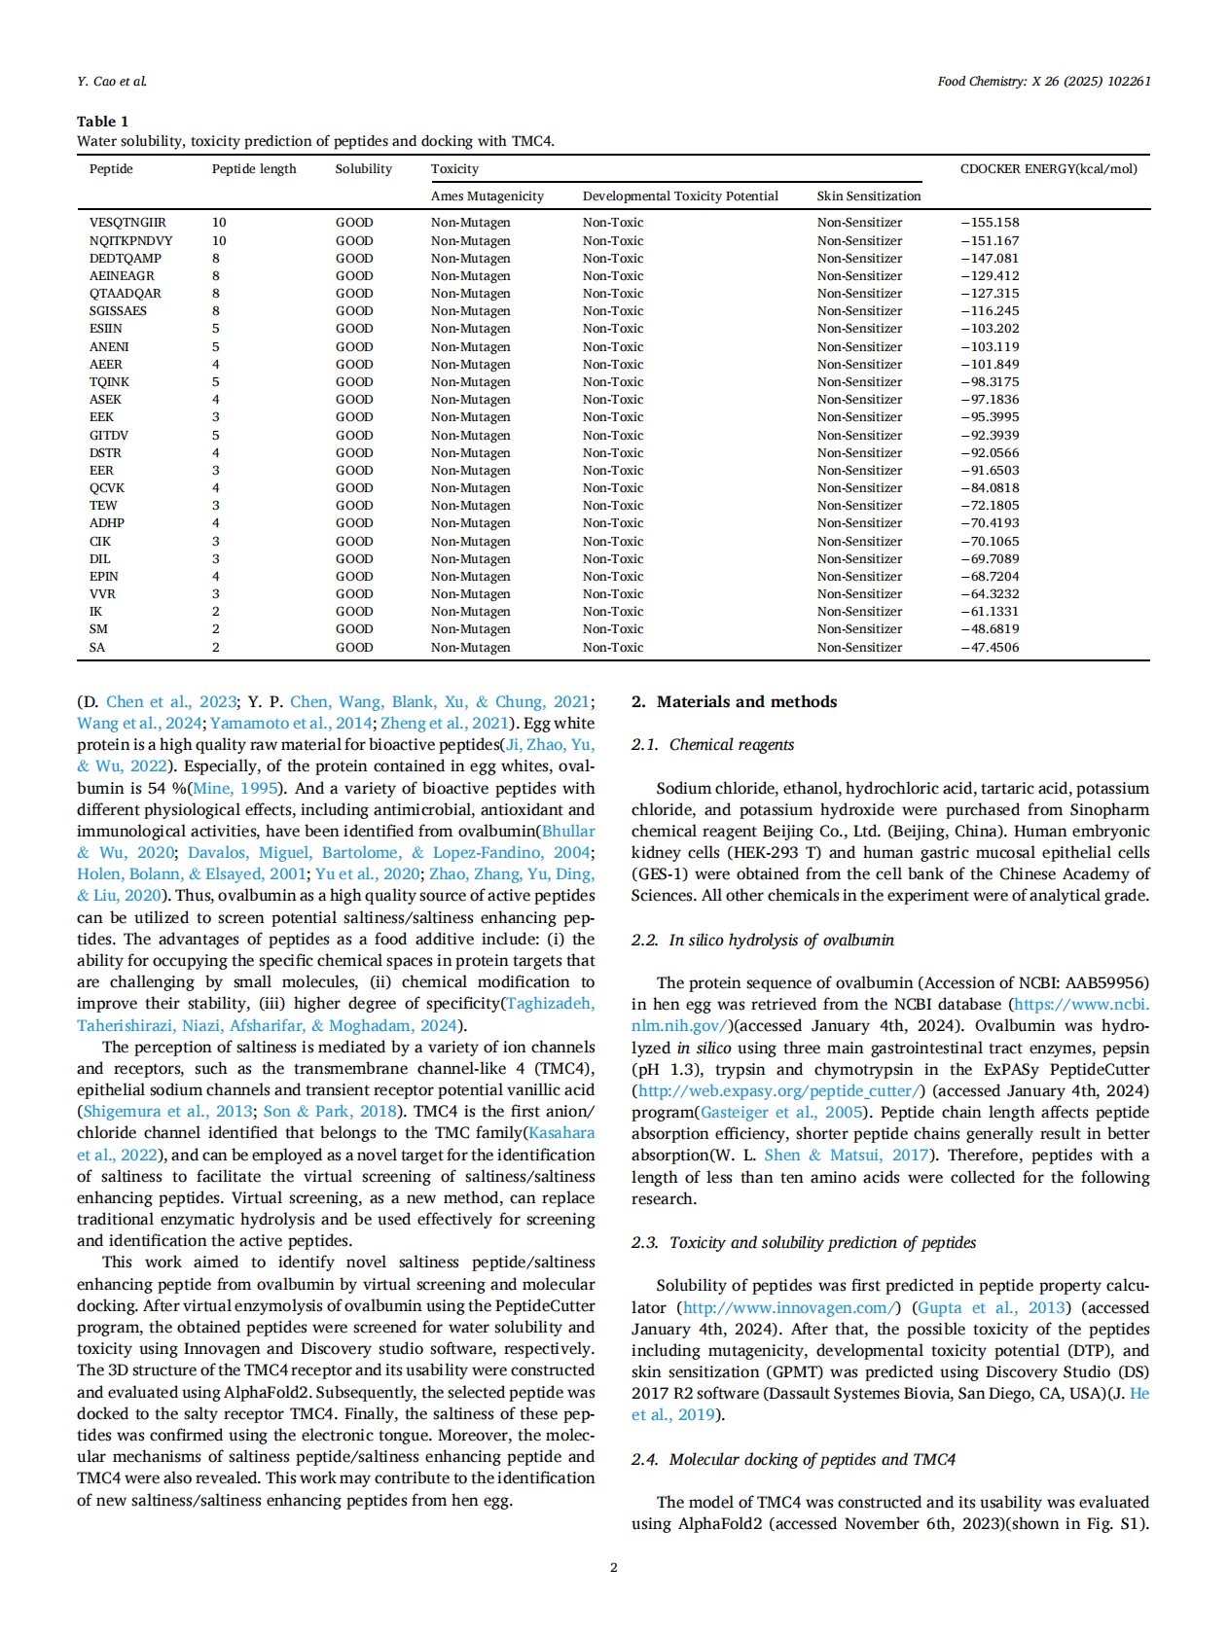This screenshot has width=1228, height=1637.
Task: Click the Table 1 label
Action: pyautogui.click(x=102, y=122)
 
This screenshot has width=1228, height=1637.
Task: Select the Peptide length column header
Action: pyautogui.click(x=254, y=169)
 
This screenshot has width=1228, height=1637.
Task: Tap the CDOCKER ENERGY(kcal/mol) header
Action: pyautogui.click(x=1048, y=169)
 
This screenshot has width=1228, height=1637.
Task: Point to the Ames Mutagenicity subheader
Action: pyautogui.click(x=487, y=196)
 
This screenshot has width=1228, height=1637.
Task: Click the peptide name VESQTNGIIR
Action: pyautogui.click(x=127, y=223)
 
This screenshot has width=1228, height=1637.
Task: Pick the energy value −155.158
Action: pyautogui.click(x=990, y=223)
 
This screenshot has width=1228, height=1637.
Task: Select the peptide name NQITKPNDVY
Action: pyautogui.click(x=130, y=240)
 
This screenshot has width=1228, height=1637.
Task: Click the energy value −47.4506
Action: pyautogui.click(x=990, y=648)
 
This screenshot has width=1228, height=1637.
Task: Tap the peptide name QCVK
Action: pyautogui.click(x=107, y=488)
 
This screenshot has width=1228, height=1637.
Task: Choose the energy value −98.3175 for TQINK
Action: pyautogui.click(x=990, y=382)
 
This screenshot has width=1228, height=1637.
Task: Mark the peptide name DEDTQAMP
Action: pyautogui.click(x=126, y=259)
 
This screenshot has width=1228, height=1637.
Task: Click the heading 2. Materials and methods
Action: pyautogui.click(x=734, y=702)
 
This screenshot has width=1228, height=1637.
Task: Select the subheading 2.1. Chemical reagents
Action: pyautogui.click(x=712, y=745)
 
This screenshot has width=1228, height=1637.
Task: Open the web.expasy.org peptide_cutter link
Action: pyautogui.click(x=778, y=1091)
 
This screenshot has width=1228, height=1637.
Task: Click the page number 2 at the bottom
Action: pyautogui.click(x=614, y=1567)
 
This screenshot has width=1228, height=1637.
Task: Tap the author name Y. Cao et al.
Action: pyautogui.click(x=112, y=82)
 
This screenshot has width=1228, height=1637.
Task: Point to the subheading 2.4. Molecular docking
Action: pyautogui.click(x=793, y=1460)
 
